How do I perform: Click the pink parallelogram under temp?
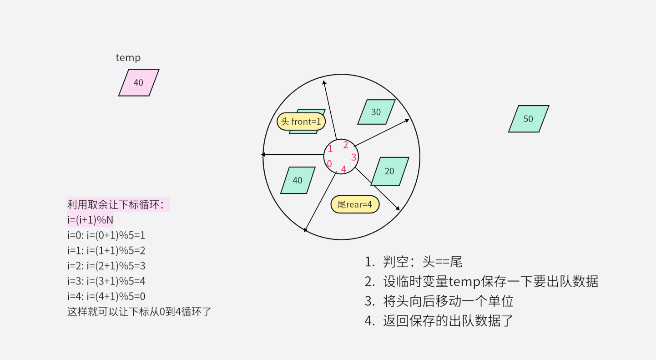click(x=139, y=83)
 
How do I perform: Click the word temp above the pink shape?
click(x=128, y=58)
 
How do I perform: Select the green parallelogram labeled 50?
click(x=528, y=119)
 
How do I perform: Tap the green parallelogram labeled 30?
click(x=376, y=112)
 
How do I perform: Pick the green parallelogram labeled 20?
click(x=389, y=171)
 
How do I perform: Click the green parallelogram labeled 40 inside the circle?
click(x=298, y=180)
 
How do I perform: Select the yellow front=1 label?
click(x=301, y=122)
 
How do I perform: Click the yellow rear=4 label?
click(x=355, y=205)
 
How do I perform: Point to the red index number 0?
click(x=329, y=164)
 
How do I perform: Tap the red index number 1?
click(x=330, y=148)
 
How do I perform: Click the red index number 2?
click(x=345, y=145)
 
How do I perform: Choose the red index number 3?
click(x=353, y=157)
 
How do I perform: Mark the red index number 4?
click(x=343, y=169)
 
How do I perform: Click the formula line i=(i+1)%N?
click(x=90, y=220)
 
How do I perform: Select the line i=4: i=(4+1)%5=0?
click(x=106, y=296)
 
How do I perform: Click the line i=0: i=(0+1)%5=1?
click(x=106, y=235)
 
